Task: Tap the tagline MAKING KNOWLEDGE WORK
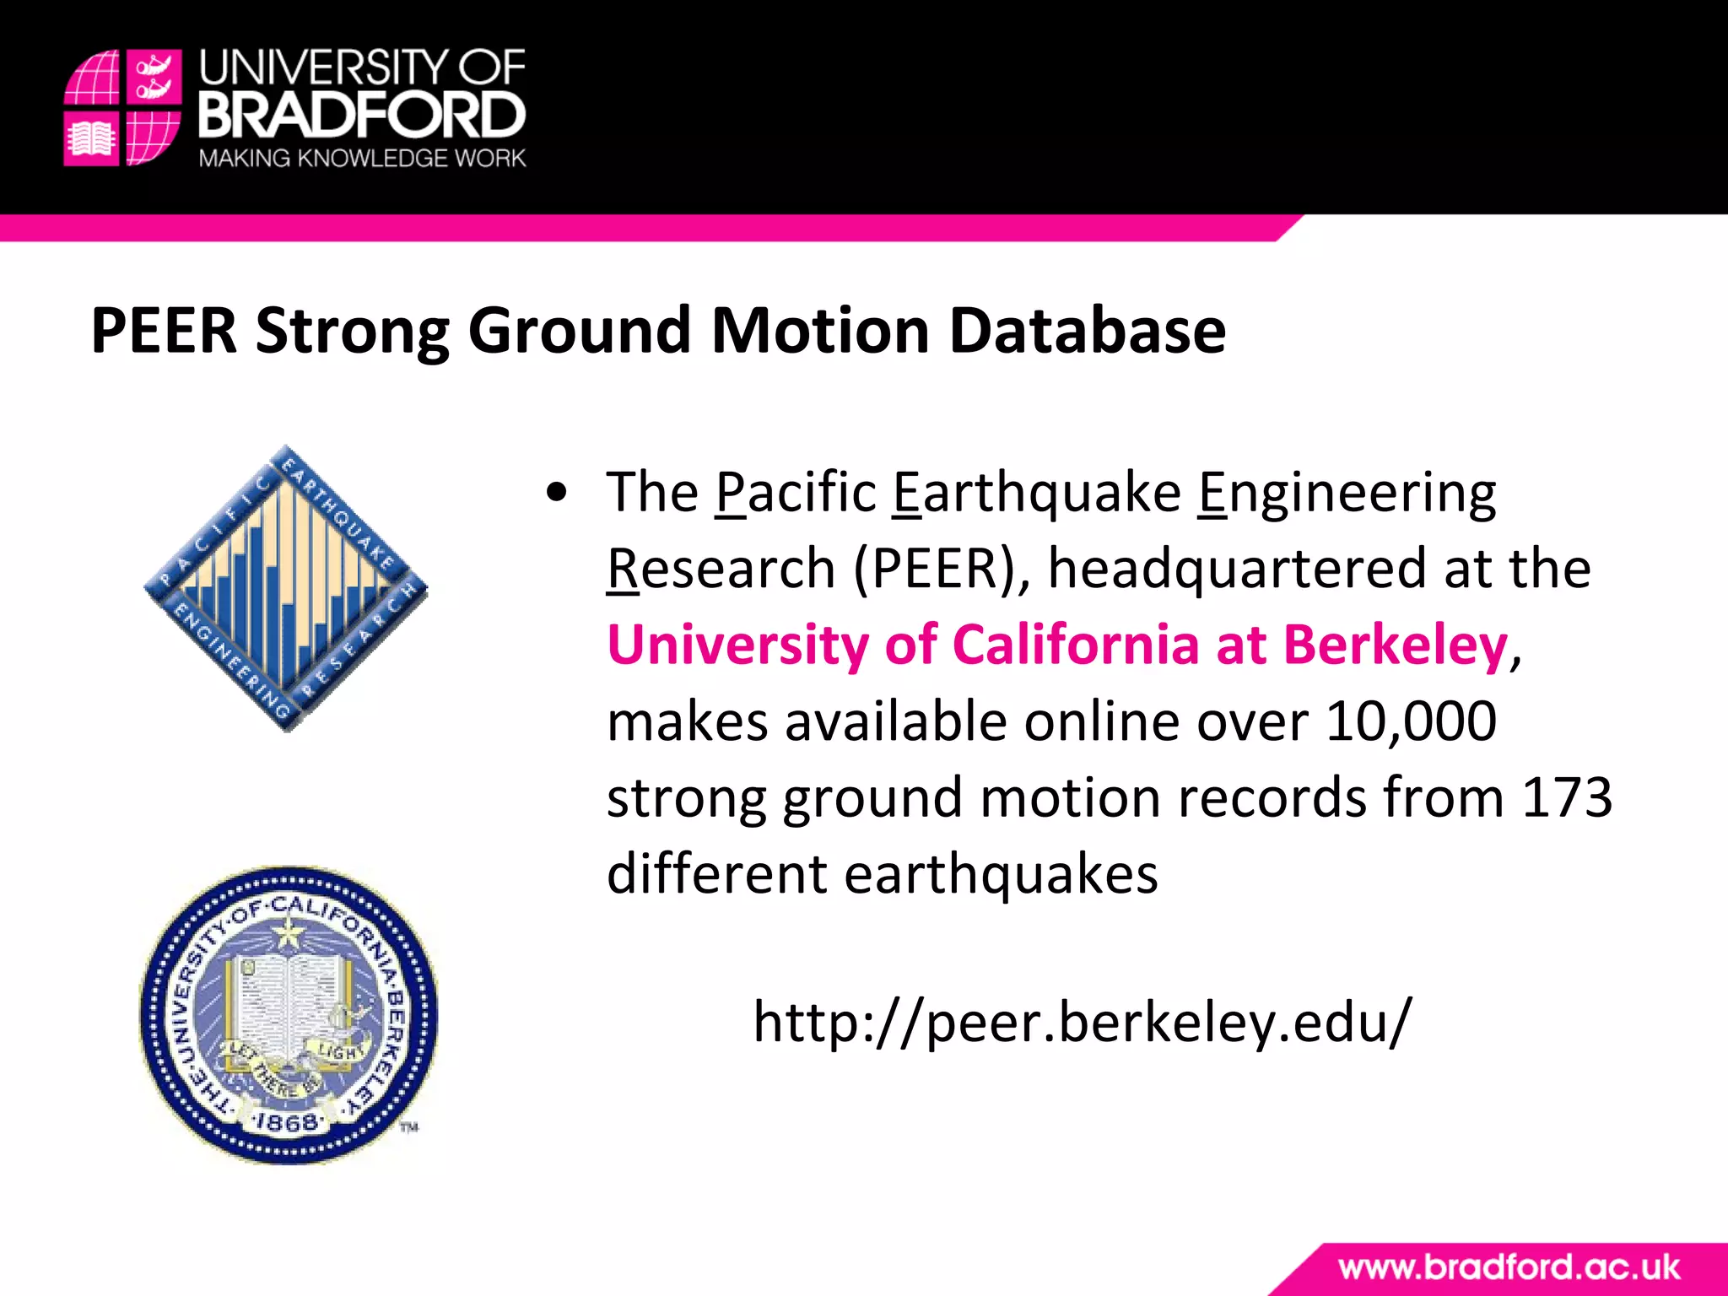tap(362, 159)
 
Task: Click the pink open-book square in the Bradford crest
tap(91, 138)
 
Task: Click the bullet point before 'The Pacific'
tap(556, 494)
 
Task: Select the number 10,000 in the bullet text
tap(1411, 721)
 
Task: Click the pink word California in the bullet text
tap(1075, 645)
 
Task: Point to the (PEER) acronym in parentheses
tap(942, 569)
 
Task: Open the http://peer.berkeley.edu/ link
tap(1082, 1022)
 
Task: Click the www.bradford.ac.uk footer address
tap(1509, 1267)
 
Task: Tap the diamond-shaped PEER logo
tap(286, 588)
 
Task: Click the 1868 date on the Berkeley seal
tap(288, 1123)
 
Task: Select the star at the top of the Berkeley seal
tap(289, 932)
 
